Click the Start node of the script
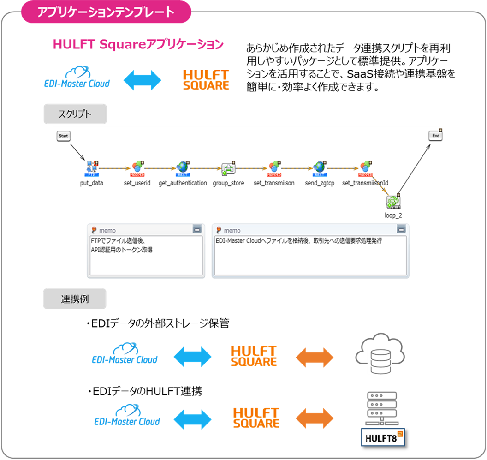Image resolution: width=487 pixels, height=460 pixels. [63, 137]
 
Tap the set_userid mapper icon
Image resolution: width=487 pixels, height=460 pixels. [137, 168]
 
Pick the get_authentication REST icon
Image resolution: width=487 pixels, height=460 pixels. [183, 168]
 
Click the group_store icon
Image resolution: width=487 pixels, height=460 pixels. [228, 169]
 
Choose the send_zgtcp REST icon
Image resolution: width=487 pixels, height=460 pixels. [319, 168]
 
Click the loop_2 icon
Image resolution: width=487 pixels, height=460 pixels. [393, 203]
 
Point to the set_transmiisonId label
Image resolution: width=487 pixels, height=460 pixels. [365, 183]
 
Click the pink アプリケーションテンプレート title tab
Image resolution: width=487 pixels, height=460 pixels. [106, 12]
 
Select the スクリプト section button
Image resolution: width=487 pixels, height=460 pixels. [75, 114]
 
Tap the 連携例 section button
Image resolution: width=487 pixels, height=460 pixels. [75, 299]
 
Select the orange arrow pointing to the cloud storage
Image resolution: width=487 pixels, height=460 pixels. [315, 356]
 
